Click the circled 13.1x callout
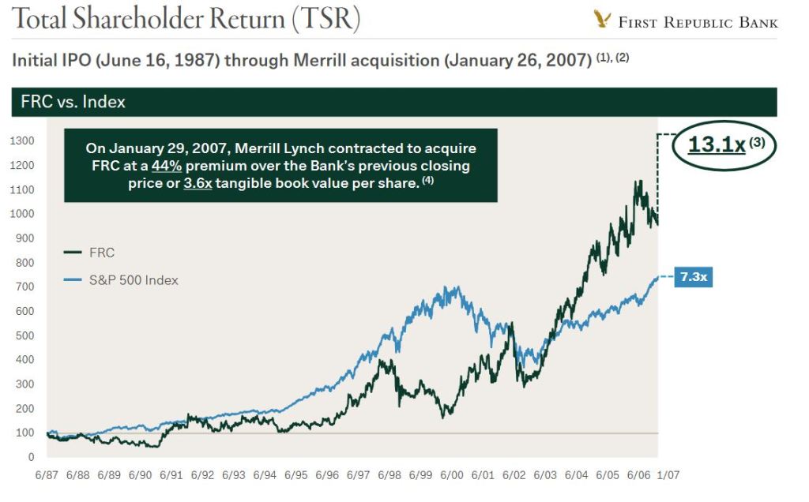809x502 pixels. (x=724, y=145)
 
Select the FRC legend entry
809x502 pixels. (x=102, y=253)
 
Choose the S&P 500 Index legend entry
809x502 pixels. (x=134, y=279)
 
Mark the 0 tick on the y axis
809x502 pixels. (x=31, y=457)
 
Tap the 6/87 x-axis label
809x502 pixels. (x=47, y=477)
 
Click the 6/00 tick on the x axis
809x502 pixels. (x=451, y=477)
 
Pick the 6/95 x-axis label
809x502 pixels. (x=295, y=477)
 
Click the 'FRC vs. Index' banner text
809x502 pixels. (x=73, y=102)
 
